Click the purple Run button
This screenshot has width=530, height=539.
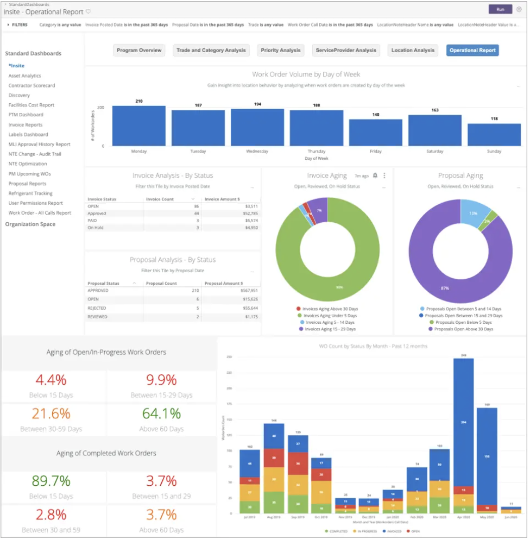[x=500, y=9]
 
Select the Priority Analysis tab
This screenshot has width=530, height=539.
[x=280, y=51]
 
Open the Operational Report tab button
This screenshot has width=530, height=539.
[x=472, y=51]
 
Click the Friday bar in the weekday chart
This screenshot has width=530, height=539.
[x=375, y=133]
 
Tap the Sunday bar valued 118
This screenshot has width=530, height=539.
[x=494, y=135]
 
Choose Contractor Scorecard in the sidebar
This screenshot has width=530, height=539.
[x=31, y=86]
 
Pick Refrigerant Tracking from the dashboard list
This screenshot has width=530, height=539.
[x=30, y=193]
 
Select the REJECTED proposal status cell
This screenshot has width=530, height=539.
[x=98, y=308]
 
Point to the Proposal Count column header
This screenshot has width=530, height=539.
[x=161, y=284]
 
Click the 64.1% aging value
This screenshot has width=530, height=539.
[x=162, y=413]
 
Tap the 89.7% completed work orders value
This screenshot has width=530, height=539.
[x=51, y=481]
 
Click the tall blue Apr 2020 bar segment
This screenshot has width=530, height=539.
[x=463, y=422]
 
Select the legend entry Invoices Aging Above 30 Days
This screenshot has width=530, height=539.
[x=330, y=309]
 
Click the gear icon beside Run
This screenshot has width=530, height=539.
[x=519, y=9]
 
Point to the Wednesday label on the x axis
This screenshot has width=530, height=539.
[x=257, y=152]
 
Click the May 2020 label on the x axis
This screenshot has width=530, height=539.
[x=487, y=517]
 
